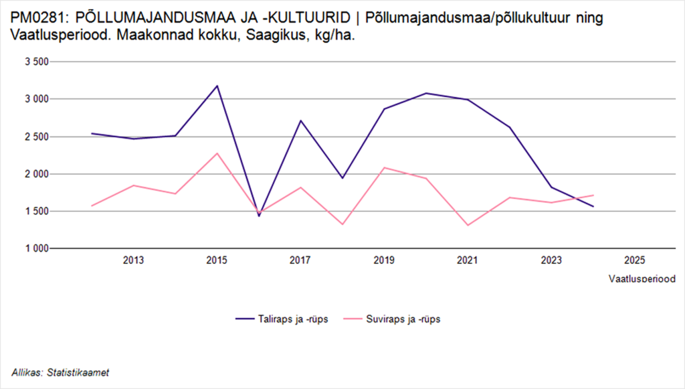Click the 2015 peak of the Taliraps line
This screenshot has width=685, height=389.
(x=217, y=86)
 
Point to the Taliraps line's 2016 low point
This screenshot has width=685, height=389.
(x=258, y=216)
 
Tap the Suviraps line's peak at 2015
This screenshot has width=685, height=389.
(x=217, y=153)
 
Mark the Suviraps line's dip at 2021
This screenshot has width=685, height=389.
(x=467, y=225)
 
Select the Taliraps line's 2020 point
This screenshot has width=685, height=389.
(x=425, y=93)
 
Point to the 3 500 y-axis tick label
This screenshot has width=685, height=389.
(x=37, y=62)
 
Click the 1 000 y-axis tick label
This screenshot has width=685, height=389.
(x=37, y=248)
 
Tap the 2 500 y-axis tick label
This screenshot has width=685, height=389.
(x=37, y=137)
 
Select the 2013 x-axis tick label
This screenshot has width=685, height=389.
(x=133, y=261)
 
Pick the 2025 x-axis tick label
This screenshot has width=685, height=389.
(x=633, y=261)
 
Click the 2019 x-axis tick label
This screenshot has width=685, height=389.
(x=383, y=261)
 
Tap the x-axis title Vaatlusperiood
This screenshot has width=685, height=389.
(x=641, y=278)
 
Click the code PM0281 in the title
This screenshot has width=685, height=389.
(x=33, y=18)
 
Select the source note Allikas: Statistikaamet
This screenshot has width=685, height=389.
(x=60, y=372)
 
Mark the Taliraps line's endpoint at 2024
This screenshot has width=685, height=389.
(x=592, y=206)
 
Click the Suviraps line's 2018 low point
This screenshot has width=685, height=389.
(x=342, y=224)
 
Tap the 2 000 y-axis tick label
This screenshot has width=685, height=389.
(x=37, y=174)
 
